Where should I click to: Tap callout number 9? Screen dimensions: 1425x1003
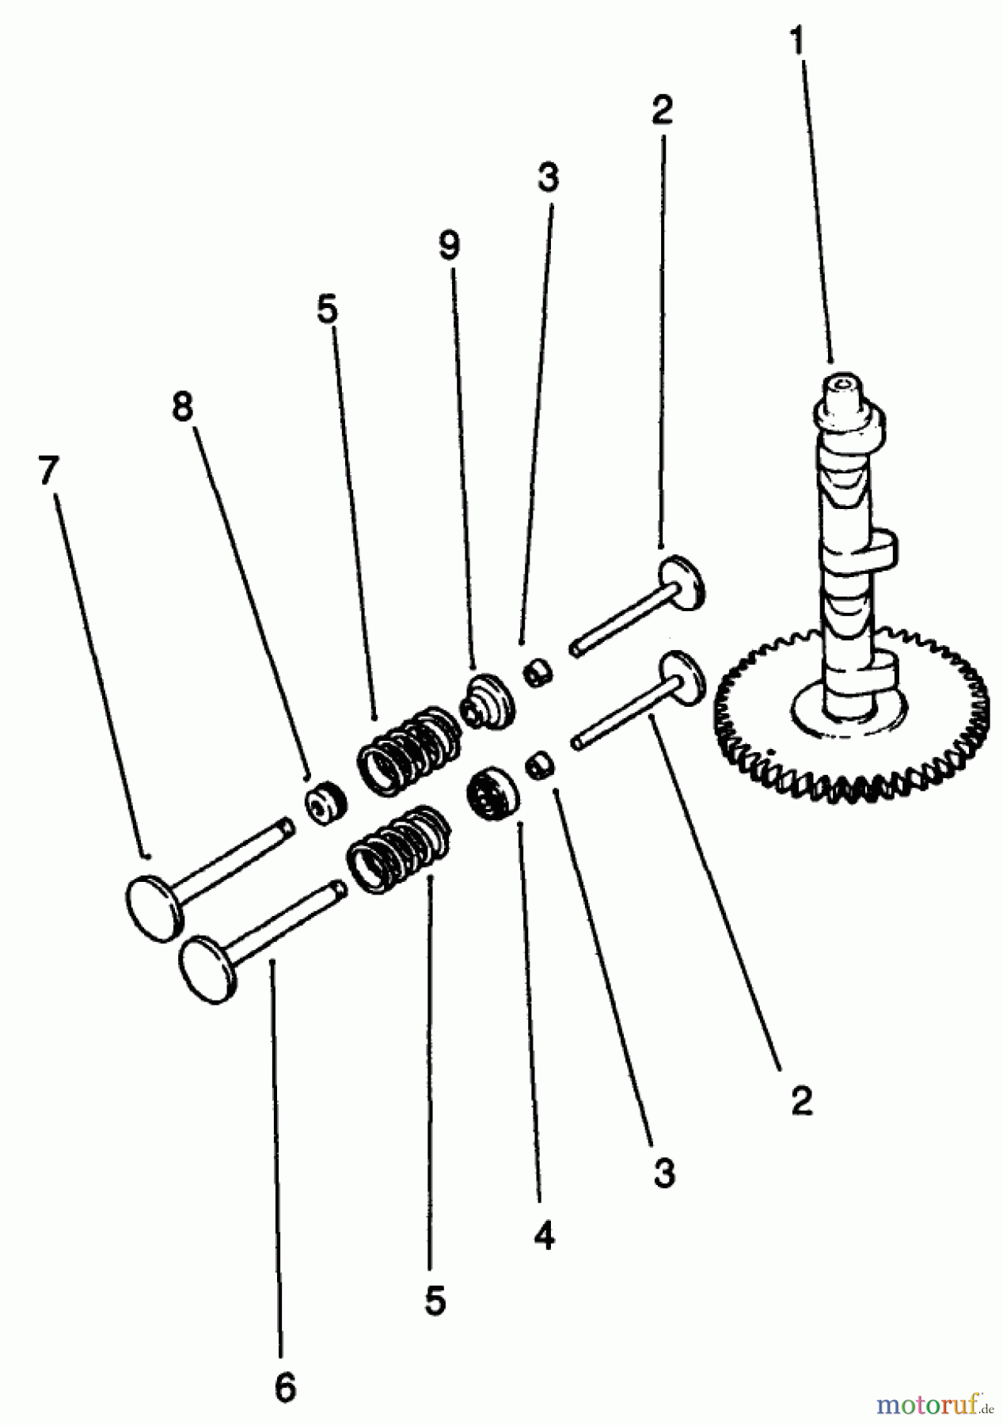449,245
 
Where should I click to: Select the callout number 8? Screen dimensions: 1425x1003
183,408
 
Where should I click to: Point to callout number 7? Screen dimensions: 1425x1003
48,472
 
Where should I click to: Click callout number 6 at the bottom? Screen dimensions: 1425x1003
285,1387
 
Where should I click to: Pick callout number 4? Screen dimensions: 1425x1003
544,1235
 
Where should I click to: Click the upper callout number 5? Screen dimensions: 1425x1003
327,309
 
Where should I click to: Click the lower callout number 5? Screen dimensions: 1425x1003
435,1300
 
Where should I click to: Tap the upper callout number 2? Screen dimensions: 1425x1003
662,110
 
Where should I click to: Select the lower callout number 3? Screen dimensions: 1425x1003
664,1172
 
